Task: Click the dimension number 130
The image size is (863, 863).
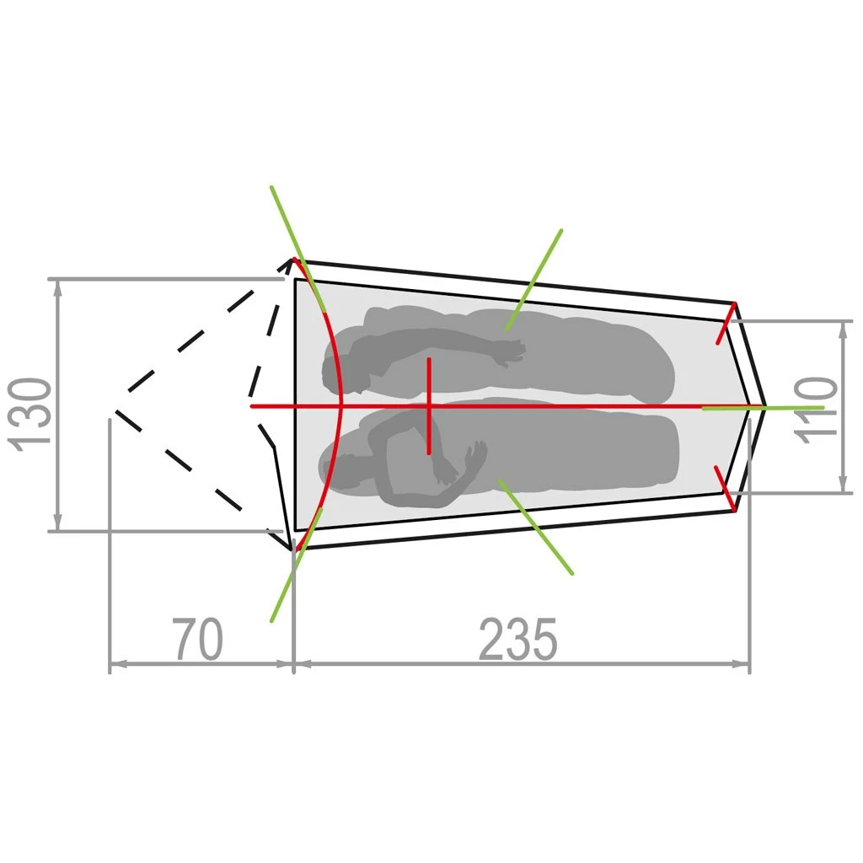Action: point(29,415)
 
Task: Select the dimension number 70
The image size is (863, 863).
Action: point(197,639)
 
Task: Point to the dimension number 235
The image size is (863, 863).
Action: point(518,639)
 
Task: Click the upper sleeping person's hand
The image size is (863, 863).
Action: point(509,352)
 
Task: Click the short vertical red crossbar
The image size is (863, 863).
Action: point(429,406)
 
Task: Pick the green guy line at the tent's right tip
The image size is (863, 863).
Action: point(763,408)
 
